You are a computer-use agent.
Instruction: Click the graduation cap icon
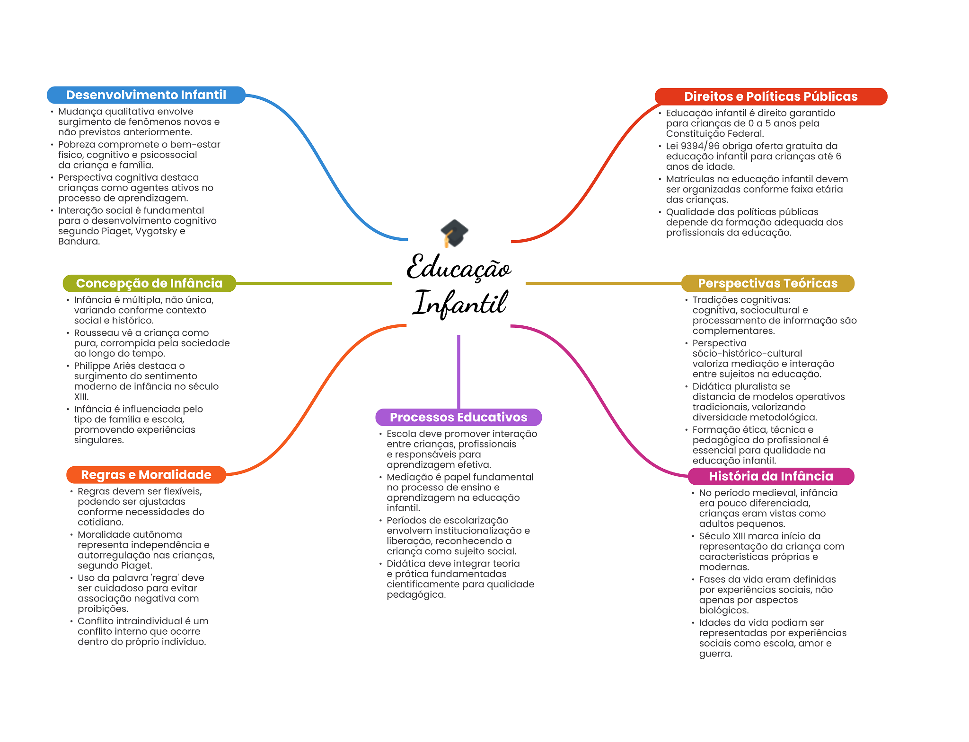pos(454,232)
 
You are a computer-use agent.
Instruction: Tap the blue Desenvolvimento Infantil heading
pos(146,95)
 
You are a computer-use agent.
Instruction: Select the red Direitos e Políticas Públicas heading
pos(771,96)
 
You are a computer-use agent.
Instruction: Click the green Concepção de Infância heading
pos(149,283)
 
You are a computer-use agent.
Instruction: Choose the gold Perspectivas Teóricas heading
pos(767,283)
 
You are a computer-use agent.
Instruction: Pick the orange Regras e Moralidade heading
pos(146,475)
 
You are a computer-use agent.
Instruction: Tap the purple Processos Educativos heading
pos(458,417)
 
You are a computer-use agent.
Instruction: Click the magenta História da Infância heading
pos(771,476)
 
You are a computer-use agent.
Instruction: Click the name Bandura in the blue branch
pos(79,242)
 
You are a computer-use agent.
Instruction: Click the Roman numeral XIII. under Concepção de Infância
pos(81,397)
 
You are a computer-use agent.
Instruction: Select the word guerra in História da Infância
pos(715,654)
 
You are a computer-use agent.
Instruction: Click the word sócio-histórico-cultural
pos(747,354)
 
